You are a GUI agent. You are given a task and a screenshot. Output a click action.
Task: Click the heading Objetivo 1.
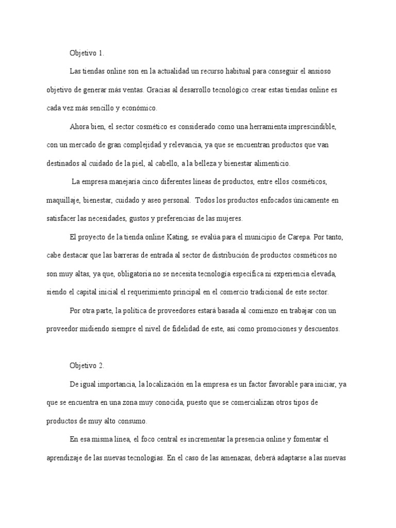(x=87, y=53)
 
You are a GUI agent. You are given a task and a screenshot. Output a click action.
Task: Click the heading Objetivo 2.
(x=87, y=366)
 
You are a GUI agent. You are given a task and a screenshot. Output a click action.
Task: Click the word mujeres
(x=228, y=219)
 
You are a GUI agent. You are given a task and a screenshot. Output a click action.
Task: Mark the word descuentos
(x=321, y=329)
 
